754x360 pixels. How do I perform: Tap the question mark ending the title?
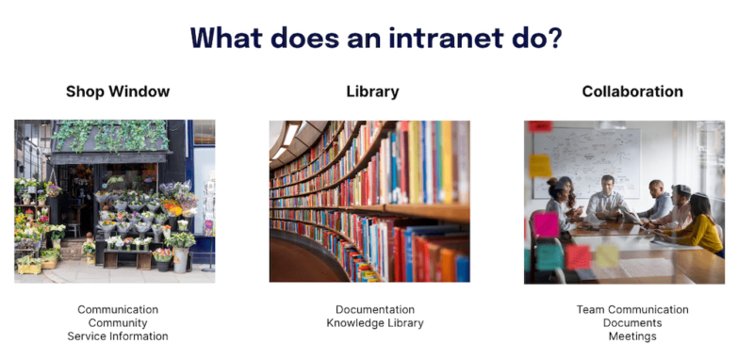point(554,39)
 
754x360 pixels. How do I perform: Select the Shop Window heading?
point(118,91)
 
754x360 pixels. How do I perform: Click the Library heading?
point(372,91)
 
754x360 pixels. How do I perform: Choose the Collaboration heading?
point(632,91)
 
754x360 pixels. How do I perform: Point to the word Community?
point(118,323)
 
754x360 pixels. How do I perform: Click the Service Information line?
point(118,336)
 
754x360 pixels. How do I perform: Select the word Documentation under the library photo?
point(375,309)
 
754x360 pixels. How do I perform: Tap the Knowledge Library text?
point(375,323)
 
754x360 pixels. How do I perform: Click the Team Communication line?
point(632,309)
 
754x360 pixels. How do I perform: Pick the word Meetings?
point(632,336)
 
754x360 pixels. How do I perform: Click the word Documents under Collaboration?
point(632,323)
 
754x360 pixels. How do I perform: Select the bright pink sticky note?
point(547,224)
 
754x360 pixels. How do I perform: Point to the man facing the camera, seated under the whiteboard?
point(605,197)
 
